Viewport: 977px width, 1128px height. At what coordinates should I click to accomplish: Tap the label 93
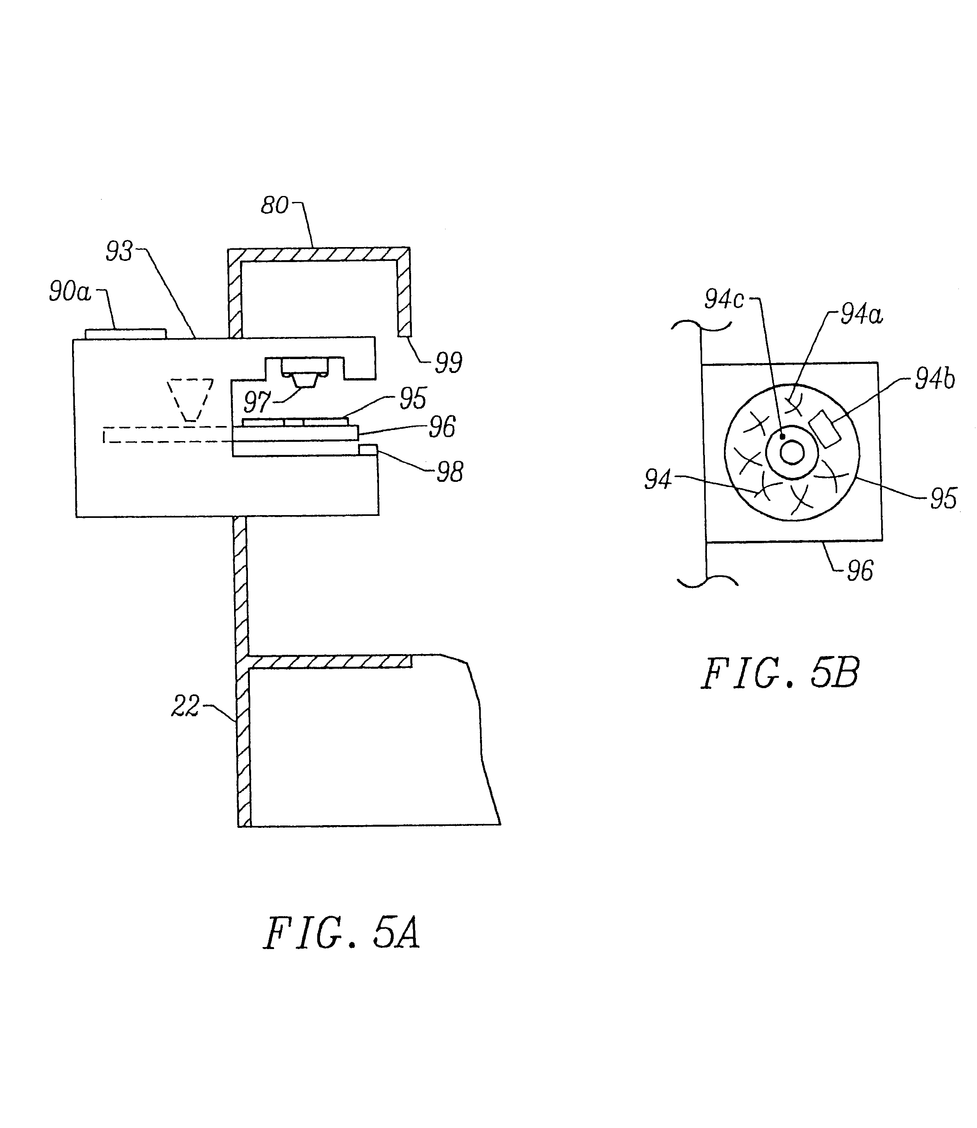[x=119, y=251]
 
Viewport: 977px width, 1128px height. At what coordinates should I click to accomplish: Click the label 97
[x=257, y=402]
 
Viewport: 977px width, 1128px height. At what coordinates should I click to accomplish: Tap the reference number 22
[x=186, y=706]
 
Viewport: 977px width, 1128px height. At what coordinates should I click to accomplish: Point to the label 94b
[x=935, y=378]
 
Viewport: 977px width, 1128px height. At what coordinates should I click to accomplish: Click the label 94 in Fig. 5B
[x=658, y=479]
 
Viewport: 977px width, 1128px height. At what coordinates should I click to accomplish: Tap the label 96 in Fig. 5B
[x=860, y=571]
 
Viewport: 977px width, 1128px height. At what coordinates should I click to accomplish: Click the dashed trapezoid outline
[x=190, y=400]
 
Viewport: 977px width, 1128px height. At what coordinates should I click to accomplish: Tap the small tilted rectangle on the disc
[x=825, y=430]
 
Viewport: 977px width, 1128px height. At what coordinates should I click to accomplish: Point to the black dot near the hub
[x=783, y=436]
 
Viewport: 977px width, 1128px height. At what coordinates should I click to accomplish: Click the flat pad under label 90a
[x=126, y=333]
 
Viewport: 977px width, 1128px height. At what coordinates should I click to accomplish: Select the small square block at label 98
[x=368, y=449]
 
